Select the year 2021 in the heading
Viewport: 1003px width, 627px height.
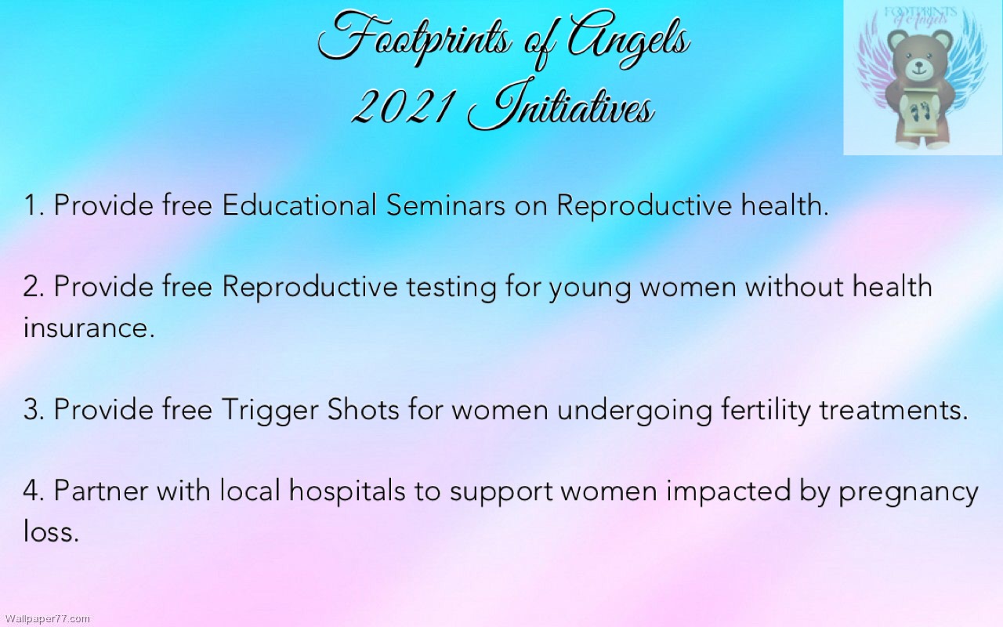click(400, 107)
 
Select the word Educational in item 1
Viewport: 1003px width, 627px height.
click(299, 205)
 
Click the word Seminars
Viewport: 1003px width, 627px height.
click(446, 205)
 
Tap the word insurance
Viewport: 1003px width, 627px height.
click(89, 328)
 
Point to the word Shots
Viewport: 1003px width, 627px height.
click(363, 409)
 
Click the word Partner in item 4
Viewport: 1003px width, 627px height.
click(101, 491)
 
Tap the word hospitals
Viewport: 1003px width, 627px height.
click(347, 491)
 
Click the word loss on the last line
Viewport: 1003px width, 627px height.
click(51, 532)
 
